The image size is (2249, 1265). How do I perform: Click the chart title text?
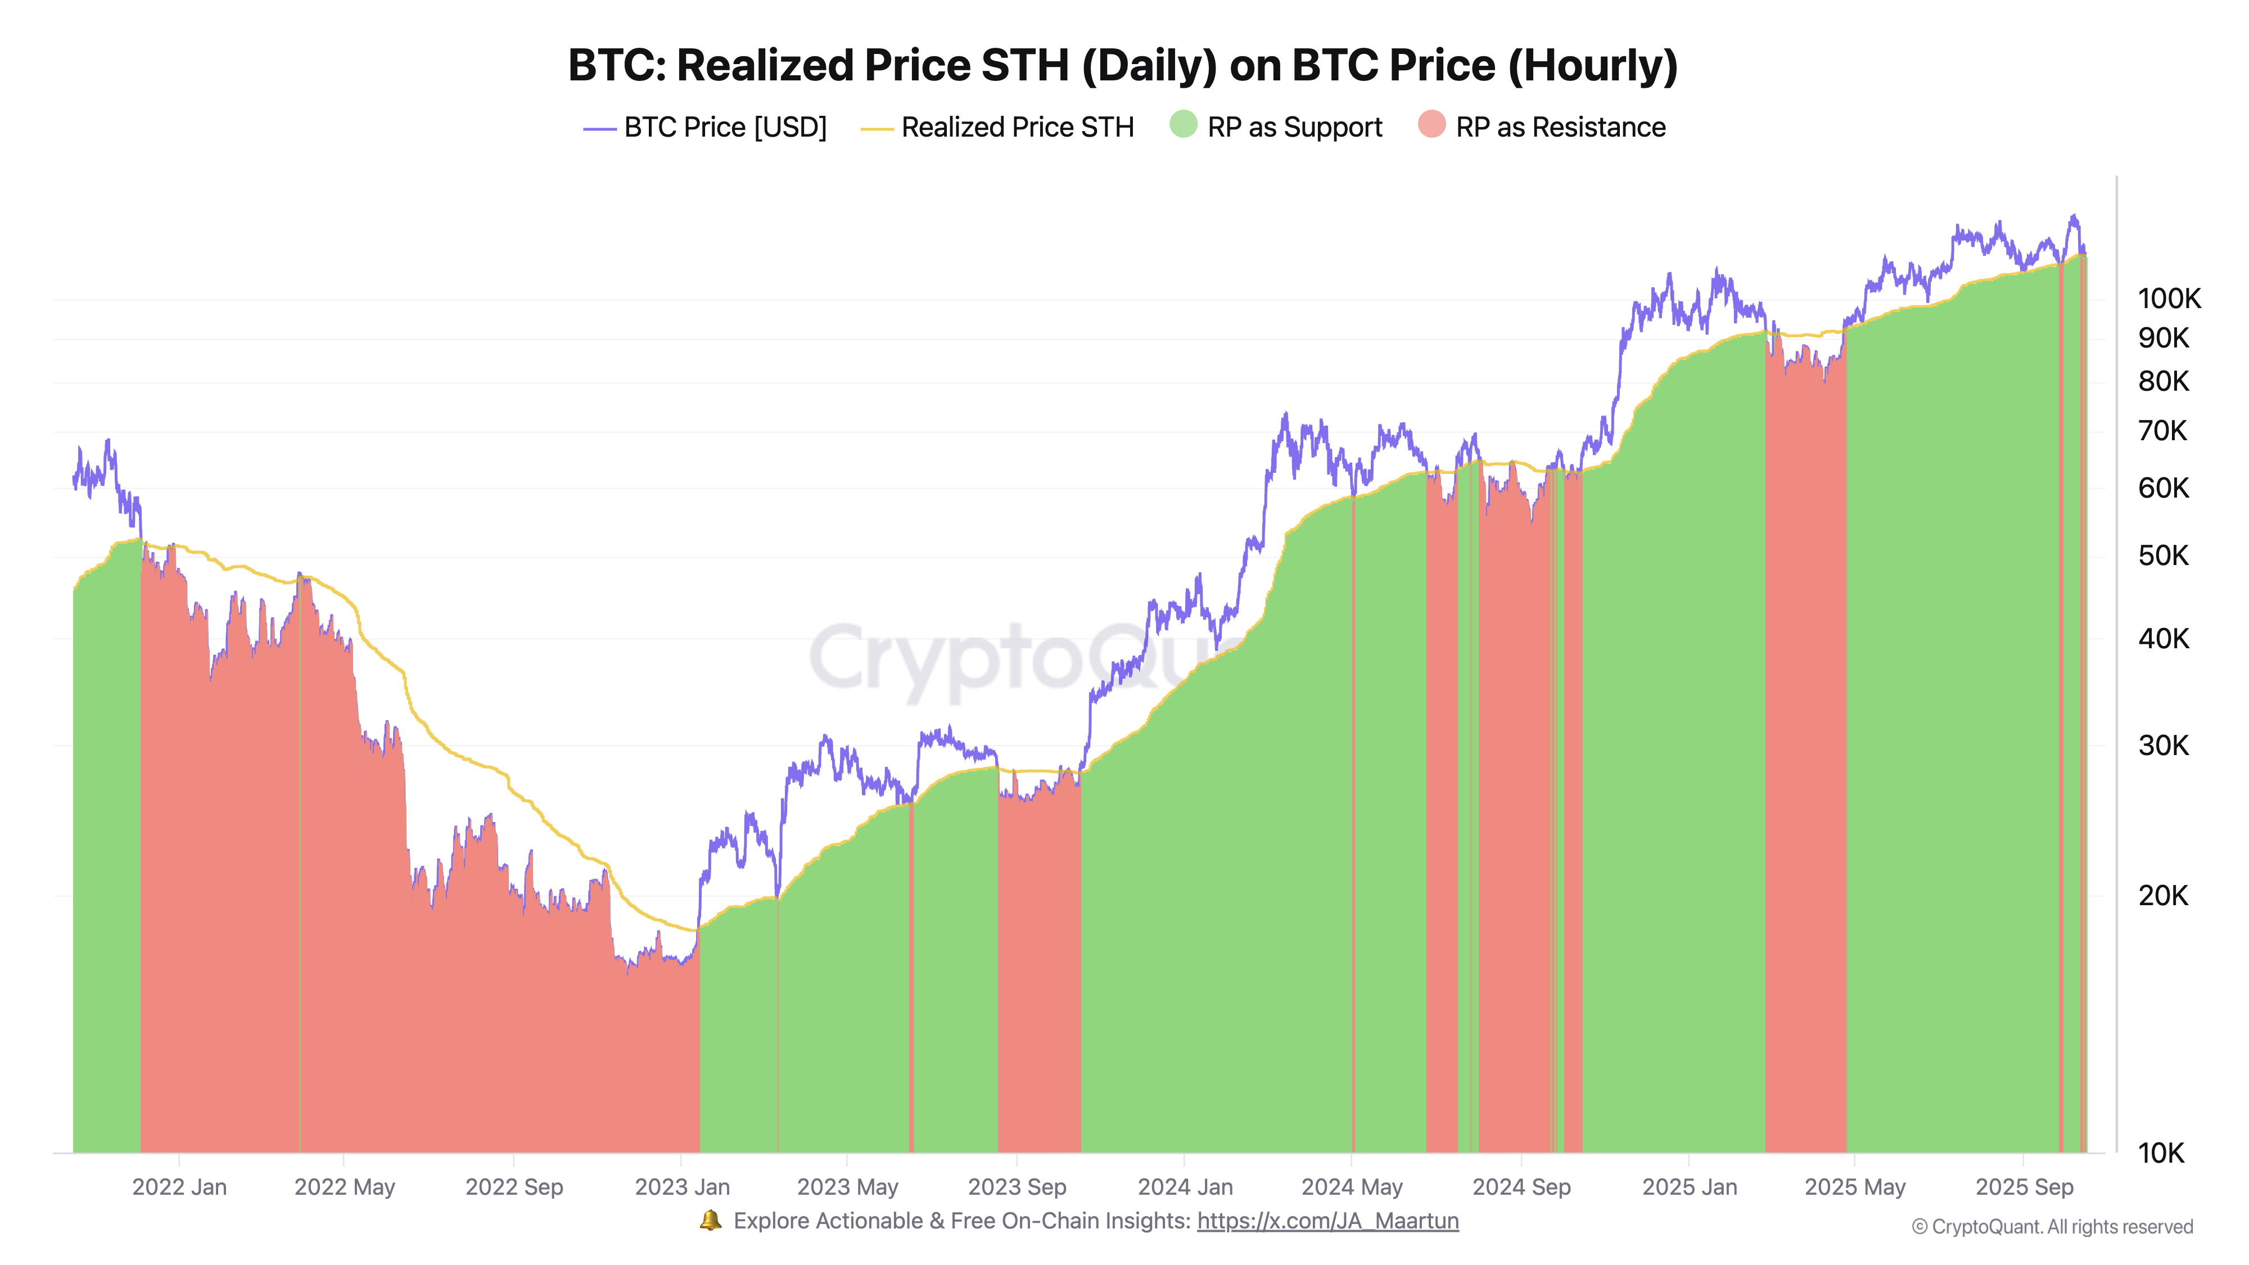pos(1123,65)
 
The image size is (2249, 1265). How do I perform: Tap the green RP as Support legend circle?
pos(1183,125)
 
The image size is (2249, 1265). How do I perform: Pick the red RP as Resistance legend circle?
pos(1432,125)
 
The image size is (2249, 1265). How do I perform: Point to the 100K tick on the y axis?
pos(2169,299)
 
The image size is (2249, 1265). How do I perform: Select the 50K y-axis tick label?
pos(2164,555)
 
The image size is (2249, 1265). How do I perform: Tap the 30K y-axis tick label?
pos(2164,746)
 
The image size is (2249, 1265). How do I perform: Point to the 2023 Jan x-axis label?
pos(682,1187)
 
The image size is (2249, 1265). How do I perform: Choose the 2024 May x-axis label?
pos(1352,1187)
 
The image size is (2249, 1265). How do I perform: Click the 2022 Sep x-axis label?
pos(514,1187)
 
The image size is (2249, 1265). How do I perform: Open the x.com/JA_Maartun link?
pos(1327,1221)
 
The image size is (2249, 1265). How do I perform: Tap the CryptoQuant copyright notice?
pos(2052,1227)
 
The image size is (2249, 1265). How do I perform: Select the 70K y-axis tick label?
pos(2164,431)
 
